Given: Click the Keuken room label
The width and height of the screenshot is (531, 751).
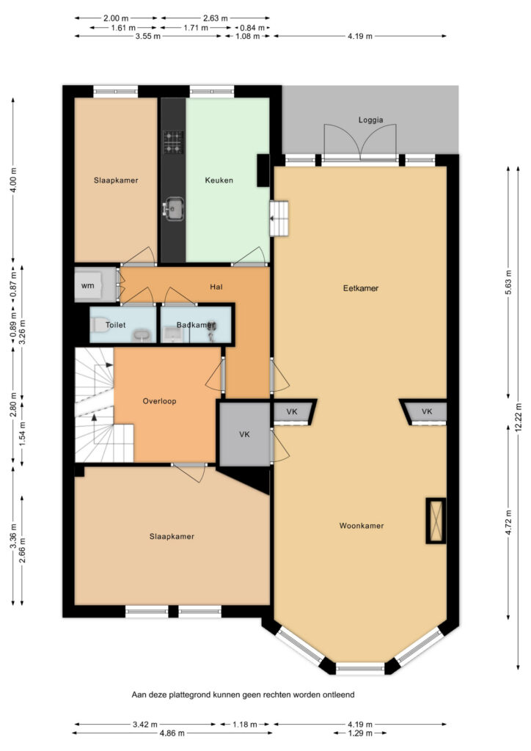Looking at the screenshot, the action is [219, 180].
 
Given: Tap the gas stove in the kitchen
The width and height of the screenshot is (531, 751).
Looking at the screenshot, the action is [173, 142].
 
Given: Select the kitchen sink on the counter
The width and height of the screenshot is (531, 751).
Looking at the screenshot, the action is [173, 209].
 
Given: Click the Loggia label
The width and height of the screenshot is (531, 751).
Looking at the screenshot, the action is [370, 120].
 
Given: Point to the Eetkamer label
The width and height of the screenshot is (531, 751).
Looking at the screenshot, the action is [361, 287].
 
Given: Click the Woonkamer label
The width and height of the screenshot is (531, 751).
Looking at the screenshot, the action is [362, 525].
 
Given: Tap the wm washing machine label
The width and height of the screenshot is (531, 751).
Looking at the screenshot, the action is [87, 285].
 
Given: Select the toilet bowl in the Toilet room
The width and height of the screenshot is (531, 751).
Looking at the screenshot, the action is [98, 325].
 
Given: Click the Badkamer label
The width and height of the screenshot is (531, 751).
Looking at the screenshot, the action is [196, 325].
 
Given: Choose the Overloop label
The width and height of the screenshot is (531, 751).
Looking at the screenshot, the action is [159, 401].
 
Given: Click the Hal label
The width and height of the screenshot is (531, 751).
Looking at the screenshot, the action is [216, 287].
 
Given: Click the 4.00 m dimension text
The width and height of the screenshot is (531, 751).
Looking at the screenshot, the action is [13, 180].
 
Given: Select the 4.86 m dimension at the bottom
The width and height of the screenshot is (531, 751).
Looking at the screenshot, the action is [172, 733].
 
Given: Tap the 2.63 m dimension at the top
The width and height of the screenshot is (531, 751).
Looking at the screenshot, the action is [215, 18].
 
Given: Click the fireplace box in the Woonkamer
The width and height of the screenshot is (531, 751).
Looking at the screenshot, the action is [436, 521].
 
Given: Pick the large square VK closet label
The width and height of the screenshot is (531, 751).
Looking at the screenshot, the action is [244, 434].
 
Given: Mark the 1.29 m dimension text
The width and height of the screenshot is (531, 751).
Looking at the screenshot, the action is [360, 733].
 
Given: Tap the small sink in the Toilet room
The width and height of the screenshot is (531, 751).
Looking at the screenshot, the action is [142, 336].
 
